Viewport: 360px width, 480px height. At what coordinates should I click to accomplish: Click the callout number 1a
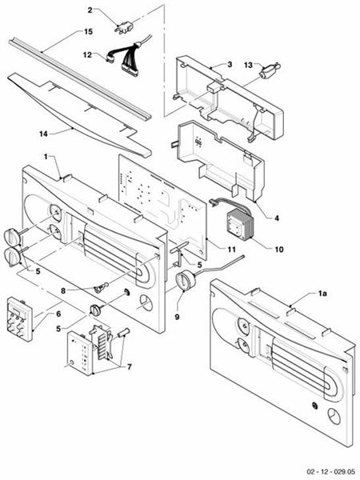tap(322, 294)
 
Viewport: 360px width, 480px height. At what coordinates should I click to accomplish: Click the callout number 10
tap(278, 250)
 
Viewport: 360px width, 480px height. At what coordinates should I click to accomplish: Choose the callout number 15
tap(88, 31)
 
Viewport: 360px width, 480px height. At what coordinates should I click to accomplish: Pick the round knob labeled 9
tap(184, 282)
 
